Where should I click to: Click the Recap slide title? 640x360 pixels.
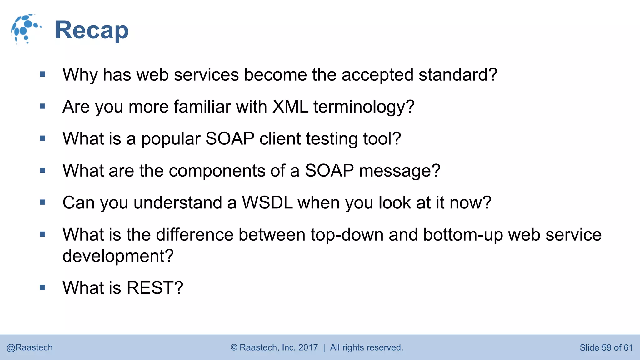click(92, 30)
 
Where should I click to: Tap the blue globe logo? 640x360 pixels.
click(26, 29)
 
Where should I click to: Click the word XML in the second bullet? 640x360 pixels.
click(290, 107)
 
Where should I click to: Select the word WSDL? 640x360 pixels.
click(267, 203)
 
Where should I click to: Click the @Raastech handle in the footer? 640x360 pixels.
click(30, 347)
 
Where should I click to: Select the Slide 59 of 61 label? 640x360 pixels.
click(606, 347)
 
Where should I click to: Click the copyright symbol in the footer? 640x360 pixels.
click(234, 347)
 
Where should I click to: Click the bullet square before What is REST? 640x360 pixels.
click(43, 287)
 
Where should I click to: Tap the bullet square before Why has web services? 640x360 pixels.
click(43, 74)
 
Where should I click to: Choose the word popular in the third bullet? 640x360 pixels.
click(171, 139)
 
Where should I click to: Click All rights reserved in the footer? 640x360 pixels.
click(367, 347)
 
